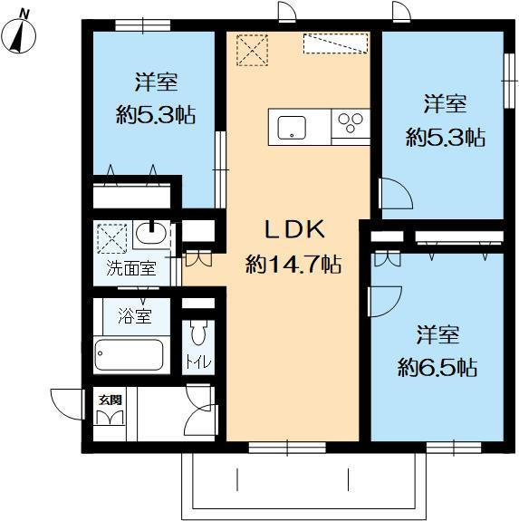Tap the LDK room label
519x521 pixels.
(x=294, y=229)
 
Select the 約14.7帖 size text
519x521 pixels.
(x=293, y=265)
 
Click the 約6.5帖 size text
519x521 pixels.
(x=438, y=368)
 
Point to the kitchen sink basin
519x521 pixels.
(x=292, y=127)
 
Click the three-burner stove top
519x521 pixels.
(x=351, y=122)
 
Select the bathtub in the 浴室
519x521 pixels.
(x=129, y=355)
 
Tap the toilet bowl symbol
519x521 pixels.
(x=198, y=333)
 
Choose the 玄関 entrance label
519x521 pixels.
(x=111, y=400)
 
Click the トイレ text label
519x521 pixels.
(x=198, y=362)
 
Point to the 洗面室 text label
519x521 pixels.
(x=130, y=268)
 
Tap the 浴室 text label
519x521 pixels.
(x=135, y=316)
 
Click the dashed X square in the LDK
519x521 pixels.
(x=252, y=50)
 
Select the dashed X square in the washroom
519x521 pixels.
(x=112, y=239)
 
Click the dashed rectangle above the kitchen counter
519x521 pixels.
(x=336, y=43)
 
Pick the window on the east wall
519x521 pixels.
(x=508, y=81)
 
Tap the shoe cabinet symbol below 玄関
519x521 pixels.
(x=111, y=418)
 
